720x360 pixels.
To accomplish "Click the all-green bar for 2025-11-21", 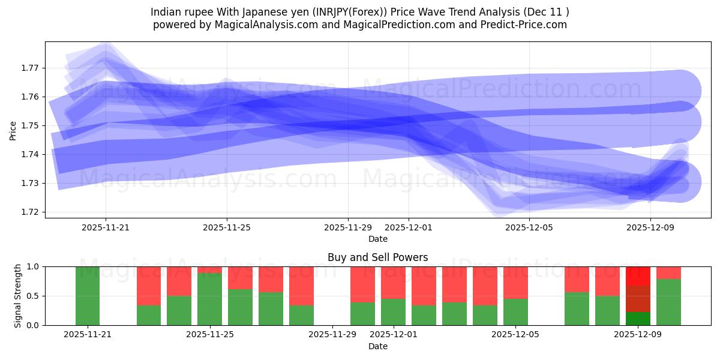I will click(x=88, y=296).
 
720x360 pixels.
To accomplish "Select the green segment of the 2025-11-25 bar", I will click(x=209, y=299).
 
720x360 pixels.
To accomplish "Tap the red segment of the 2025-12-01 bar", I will click(x=393, y=282).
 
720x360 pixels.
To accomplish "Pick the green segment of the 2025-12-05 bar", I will click(x=515, y=311).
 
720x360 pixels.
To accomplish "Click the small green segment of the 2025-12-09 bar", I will click(x=638, y=319).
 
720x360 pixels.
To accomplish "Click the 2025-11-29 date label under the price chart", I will click(x=348, y=227).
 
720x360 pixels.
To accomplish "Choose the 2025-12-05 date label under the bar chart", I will click(x=515, y=335).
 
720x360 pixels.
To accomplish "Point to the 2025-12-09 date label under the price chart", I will click(x=651, y=227).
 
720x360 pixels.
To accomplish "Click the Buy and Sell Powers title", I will click(x=378, y=257).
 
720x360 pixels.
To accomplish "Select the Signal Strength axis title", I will click(x=19, y=296).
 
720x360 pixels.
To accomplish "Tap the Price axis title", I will click(x=13, y=130).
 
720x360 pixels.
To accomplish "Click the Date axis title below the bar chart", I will click(x=378, y=346).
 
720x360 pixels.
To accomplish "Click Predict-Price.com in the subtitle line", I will click(x=528, y=25).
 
